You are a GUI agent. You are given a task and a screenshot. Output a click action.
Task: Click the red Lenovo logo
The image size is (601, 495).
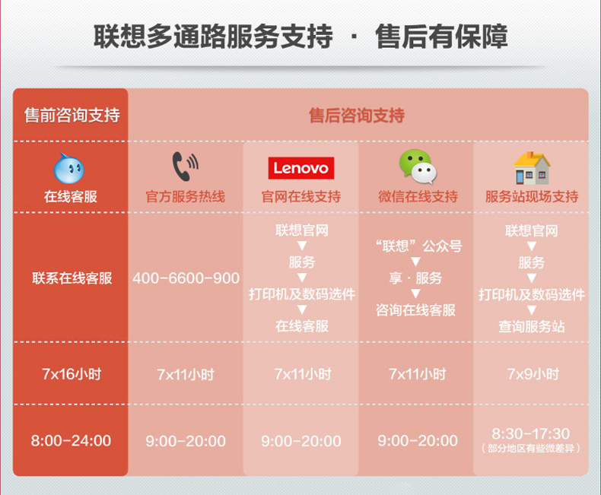301,168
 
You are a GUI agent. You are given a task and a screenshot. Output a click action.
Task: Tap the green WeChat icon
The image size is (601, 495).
418,167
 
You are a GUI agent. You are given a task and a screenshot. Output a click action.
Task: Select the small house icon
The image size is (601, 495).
532,168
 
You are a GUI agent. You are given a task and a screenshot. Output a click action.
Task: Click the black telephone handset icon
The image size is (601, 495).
185,166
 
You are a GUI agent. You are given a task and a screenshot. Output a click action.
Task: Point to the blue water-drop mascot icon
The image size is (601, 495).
69,169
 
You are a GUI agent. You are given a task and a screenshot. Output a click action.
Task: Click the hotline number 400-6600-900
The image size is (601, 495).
186,278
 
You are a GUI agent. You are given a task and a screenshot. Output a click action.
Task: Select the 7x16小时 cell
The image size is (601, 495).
72,374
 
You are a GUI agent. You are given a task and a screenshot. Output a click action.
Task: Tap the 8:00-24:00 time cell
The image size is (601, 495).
71,440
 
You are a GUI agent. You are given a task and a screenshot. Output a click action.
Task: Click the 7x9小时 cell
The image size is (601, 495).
533,374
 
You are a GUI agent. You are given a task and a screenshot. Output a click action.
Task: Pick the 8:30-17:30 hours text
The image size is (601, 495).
531,433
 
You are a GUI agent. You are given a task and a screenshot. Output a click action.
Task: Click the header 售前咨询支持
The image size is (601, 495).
72,116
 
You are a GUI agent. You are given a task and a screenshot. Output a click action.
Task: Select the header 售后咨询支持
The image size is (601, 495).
357,116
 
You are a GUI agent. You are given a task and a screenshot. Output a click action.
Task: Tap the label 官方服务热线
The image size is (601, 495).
186,196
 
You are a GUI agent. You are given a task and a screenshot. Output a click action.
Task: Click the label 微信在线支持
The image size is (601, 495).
418,196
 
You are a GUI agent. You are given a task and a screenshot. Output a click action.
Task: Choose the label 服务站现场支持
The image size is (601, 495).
532,196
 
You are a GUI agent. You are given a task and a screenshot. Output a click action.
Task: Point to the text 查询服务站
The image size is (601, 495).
532,326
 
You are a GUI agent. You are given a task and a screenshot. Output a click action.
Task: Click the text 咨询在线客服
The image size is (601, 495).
416,310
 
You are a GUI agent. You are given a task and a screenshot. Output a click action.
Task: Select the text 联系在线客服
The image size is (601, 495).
72,278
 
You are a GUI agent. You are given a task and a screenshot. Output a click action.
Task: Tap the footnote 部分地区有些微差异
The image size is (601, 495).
531,448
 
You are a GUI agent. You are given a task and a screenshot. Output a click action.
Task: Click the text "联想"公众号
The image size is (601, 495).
418,246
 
